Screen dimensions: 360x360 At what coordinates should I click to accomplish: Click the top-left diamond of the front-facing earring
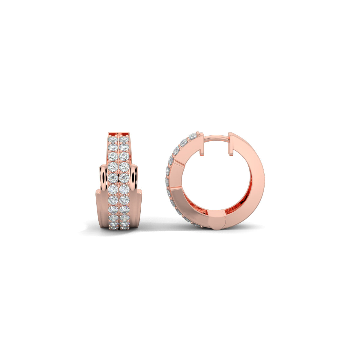113,140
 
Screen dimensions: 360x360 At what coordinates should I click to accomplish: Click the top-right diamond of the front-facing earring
124,140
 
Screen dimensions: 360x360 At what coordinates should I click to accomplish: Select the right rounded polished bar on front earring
134,178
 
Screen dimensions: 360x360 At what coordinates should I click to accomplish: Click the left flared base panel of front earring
101,208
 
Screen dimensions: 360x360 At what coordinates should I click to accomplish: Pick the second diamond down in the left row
113,147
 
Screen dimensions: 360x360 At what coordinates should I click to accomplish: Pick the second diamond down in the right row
124,147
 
